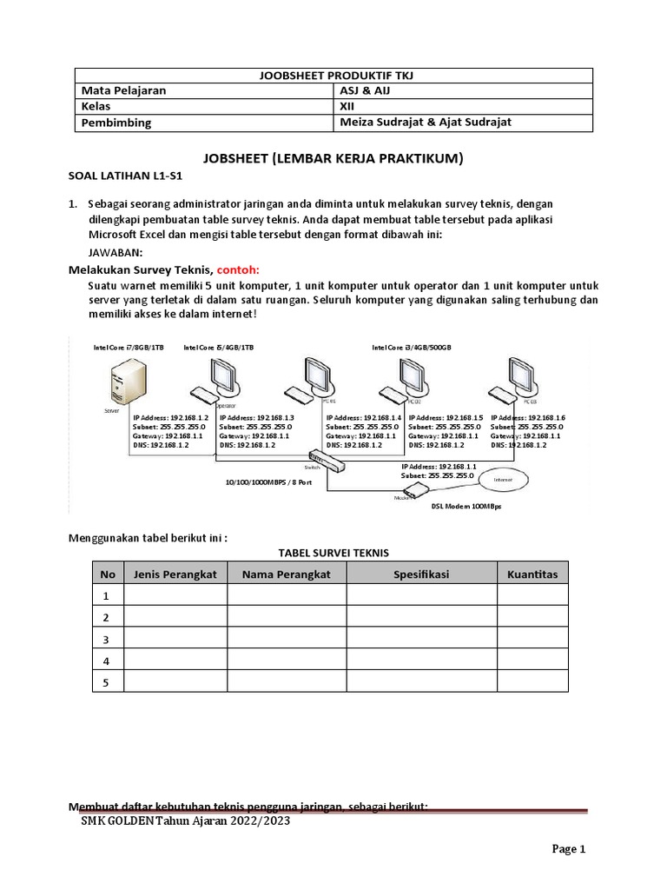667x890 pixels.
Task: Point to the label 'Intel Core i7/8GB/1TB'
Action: [129, 348]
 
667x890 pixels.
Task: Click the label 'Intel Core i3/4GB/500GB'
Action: [412, 348]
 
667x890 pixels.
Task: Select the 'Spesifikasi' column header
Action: [421, 575]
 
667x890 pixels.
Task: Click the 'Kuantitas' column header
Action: [532, 575]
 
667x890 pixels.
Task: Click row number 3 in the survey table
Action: [108, 640]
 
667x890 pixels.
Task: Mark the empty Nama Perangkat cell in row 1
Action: [287, 595]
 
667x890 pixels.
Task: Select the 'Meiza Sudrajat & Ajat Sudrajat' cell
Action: [425, 123]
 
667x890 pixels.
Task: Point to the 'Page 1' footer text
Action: [571, 849]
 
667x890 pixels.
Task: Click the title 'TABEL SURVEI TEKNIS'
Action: [333, 552]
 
